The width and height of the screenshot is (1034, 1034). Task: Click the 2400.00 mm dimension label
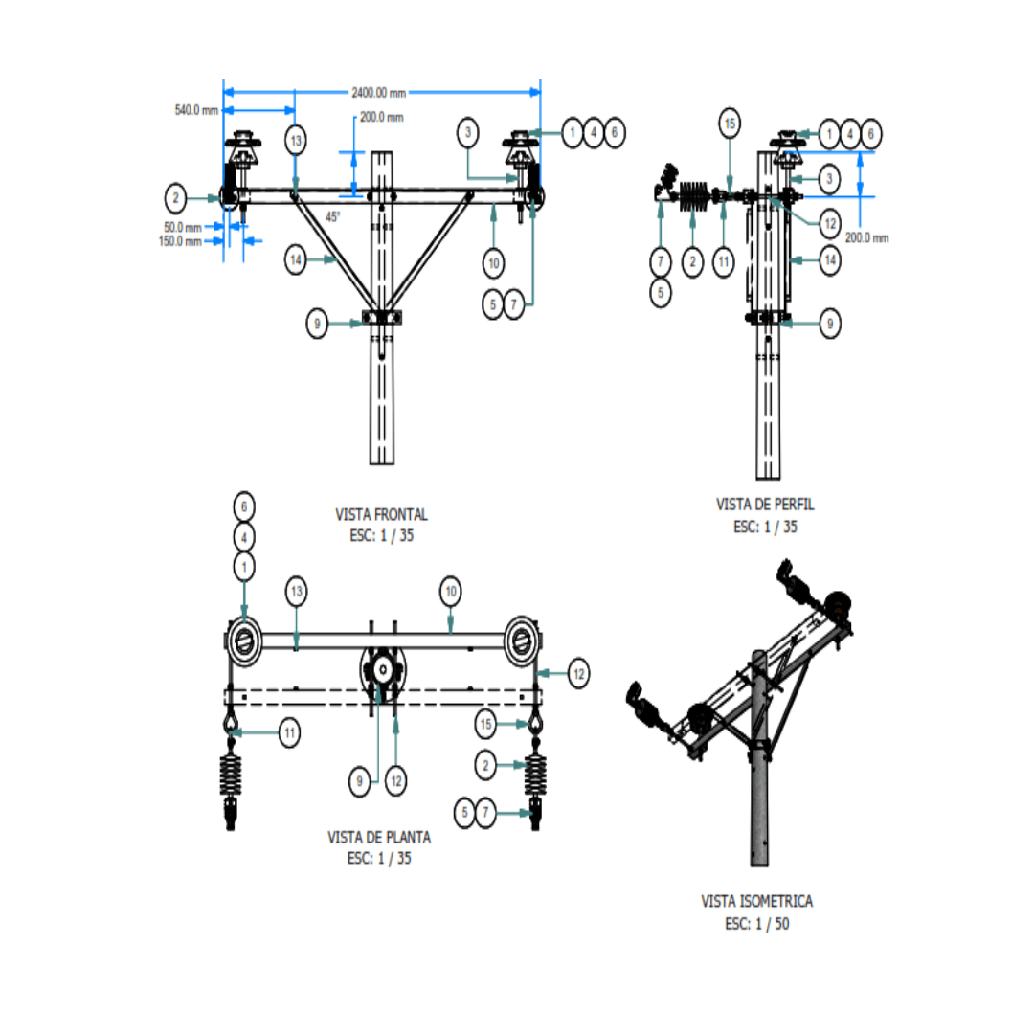[378, 93]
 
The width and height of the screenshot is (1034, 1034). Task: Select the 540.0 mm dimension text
[196, 110]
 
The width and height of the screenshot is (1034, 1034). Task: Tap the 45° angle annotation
[333, 216]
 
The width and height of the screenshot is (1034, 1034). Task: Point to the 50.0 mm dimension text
[183, 228]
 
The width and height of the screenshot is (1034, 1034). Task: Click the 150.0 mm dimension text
[180, 241]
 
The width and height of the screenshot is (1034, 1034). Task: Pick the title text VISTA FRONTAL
[381, 514]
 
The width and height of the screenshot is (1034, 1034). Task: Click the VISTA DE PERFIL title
[765, 505]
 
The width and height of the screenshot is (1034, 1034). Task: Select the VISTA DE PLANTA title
[379, 838]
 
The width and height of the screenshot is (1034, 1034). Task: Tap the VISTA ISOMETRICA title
[756, 902]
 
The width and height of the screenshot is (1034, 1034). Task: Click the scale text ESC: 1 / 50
[757, 924]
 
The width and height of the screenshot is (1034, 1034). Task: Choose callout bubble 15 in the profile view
[730, 124]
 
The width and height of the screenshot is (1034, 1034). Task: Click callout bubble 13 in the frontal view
[296, 141]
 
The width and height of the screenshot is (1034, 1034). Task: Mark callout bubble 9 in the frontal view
[317, 324]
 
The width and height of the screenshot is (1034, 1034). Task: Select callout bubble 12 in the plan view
[579, 674]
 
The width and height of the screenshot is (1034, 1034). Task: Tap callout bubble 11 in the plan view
[289, 732]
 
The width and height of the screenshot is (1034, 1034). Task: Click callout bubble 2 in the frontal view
[175, 198]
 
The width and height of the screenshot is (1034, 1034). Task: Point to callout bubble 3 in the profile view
[829, 179]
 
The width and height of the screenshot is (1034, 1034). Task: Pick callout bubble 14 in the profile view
[830, 260]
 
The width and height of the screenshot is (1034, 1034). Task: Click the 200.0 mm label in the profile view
[867, 238]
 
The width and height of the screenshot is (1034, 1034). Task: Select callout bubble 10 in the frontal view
[493, 264]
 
